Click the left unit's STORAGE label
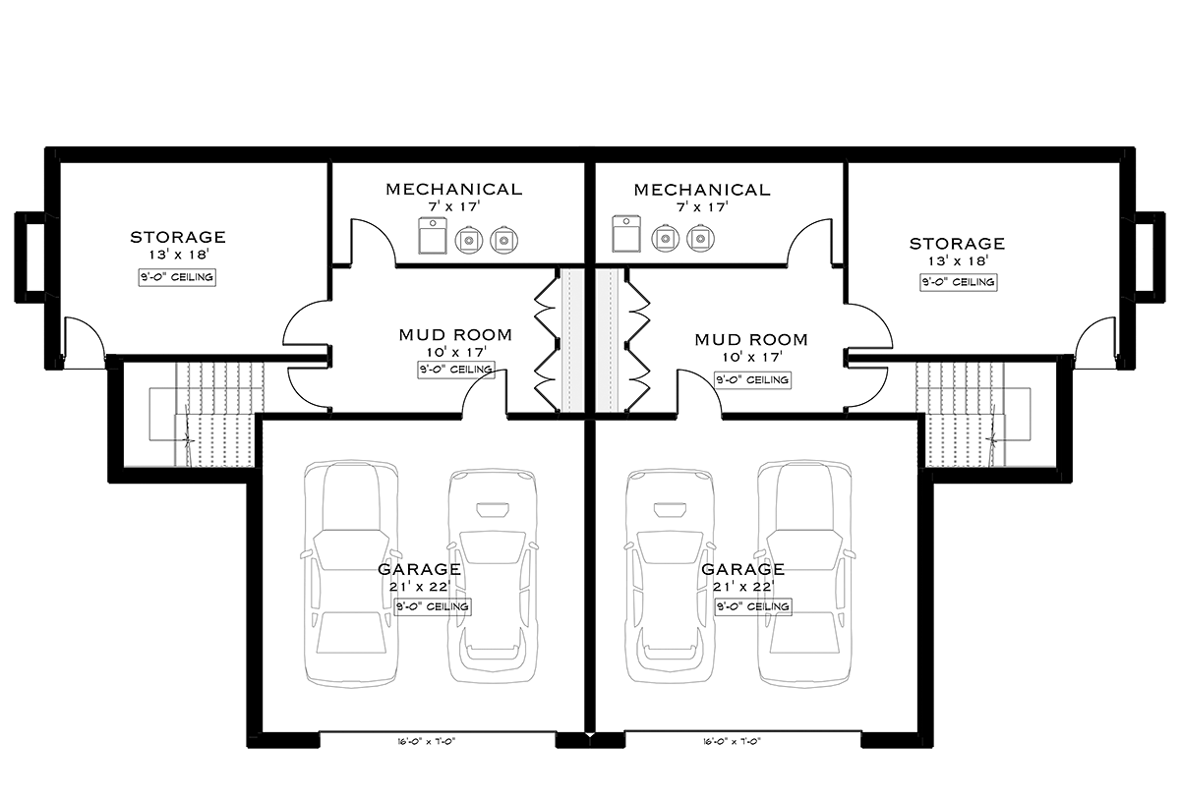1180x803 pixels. click(178, 237)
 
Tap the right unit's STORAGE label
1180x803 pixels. click(957, 244)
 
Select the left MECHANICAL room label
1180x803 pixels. click(454, 189)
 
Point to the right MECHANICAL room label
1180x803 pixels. click(702, 190)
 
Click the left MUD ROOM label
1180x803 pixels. click(455, 335)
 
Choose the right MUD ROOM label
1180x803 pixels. click(751, 340)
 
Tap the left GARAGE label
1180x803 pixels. click(419, 569)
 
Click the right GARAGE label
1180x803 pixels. click(743, 569)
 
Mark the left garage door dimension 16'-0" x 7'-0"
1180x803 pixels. click(426, 742)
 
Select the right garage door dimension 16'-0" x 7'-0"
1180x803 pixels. click(732, 742)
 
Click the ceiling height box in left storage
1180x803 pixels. click(178, 277)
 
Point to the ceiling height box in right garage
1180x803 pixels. click(753, 606)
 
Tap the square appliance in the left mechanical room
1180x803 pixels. click(433, 235)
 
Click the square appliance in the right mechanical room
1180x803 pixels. click(626, 233)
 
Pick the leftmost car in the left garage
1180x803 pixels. click(350, 574)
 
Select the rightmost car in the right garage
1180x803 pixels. click(804, 573)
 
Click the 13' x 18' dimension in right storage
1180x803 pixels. click(958, 260)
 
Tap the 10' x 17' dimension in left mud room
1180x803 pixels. click(456, 352)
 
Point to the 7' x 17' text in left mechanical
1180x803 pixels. click(454, 206)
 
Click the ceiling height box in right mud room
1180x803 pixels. click(753, 379)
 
